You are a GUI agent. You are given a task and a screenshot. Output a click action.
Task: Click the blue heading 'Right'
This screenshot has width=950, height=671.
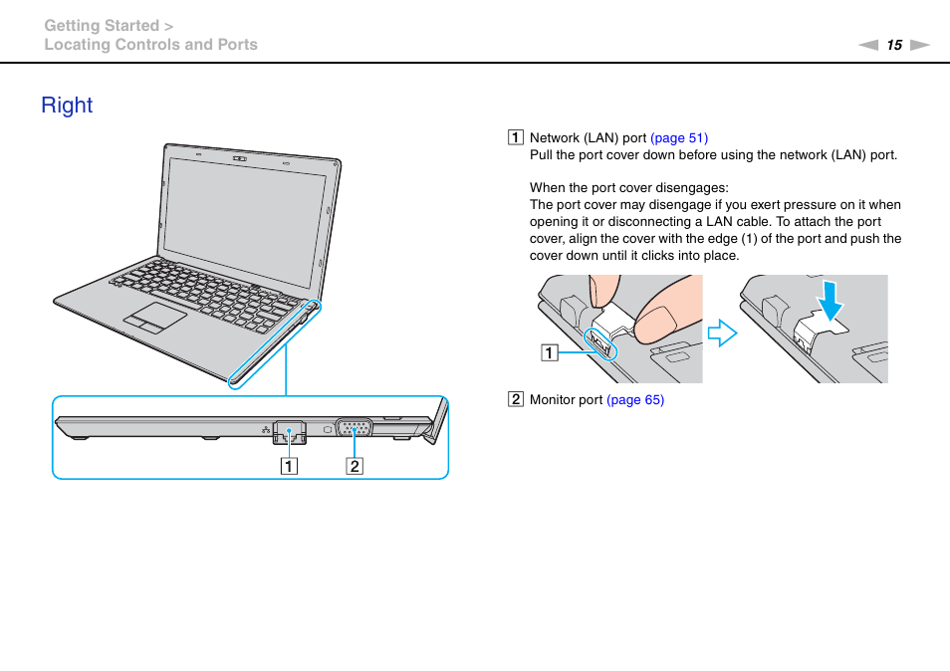[67, 106]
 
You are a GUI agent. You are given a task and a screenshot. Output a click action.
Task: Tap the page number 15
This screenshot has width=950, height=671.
[894, 45]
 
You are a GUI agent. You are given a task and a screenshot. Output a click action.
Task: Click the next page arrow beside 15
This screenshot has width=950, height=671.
[919, 45]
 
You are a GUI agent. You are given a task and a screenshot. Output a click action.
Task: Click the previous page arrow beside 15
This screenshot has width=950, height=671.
[869, 45]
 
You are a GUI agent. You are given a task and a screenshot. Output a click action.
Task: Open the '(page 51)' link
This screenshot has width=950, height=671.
[679, 138]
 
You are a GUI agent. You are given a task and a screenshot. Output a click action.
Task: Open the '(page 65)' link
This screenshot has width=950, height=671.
[635, 400]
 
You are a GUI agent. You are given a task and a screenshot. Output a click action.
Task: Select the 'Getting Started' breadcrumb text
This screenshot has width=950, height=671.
[102, 26]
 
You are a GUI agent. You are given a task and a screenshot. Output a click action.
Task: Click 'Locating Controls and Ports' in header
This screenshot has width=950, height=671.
[150, 45]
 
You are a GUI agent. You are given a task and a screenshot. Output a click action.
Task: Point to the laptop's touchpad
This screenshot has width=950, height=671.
[155, 321]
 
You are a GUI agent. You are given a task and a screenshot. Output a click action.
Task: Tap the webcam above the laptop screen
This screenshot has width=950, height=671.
[239, 156]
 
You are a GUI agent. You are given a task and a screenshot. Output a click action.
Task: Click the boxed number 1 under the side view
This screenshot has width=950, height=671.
[288, 465]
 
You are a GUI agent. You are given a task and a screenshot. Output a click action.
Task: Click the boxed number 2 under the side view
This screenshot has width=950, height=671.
[355, 465]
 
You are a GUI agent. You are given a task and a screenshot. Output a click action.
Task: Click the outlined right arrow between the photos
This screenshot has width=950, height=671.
[722, 333]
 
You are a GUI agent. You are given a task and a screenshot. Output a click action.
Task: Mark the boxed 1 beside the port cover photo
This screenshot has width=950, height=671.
[550, 351]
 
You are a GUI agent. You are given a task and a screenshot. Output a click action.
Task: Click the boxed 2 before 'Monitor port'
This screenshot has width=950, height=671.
[516, 400]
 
